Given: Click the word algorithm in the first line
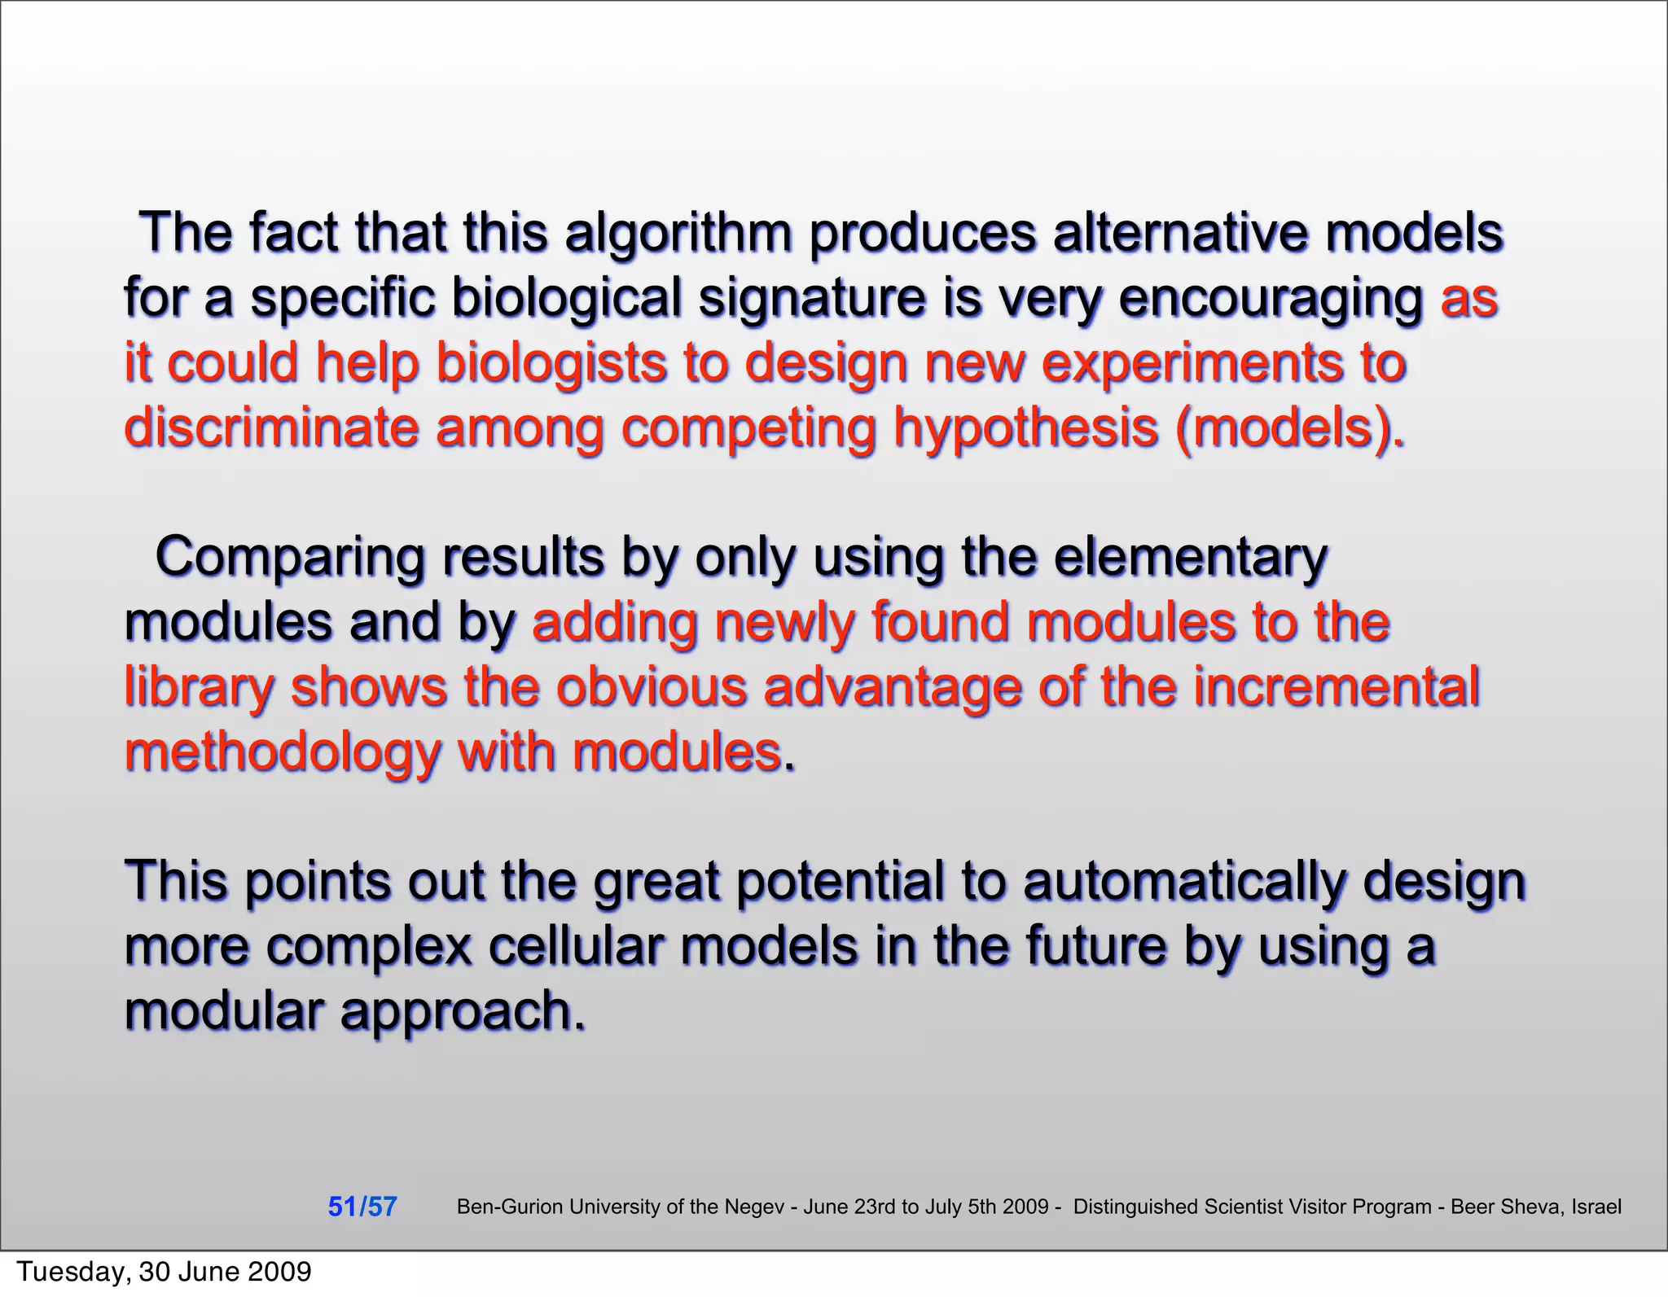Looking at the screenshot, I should click(x=678, y=234).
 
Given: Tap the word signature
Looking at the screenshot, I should click(x=812, y=299).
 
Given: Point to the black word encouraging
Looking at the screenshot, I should click(x=1271, y=299).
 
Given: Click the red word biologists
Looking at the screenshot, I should click(x=551, y=363).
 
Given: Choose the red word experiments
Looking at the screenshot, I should click(x=1195, y=363).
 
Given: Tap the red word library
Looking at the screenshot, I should click(x=199, y=688).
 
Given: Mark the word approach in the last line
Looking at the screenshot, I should click(x=462, y=1011).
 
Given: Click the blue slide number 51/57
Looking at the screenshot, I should click(x=362, y=1207).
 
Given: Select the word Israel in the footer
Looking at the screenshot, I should click(x=1596, y=1207).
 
